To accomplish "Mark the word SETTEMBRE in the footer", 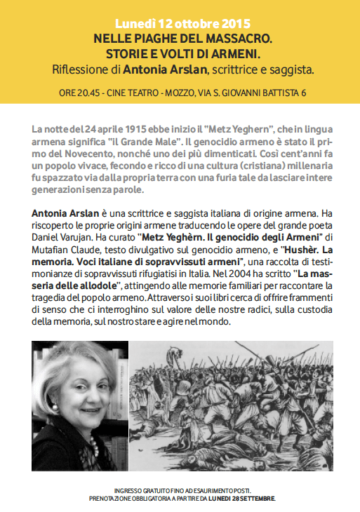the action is [257, 498].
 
